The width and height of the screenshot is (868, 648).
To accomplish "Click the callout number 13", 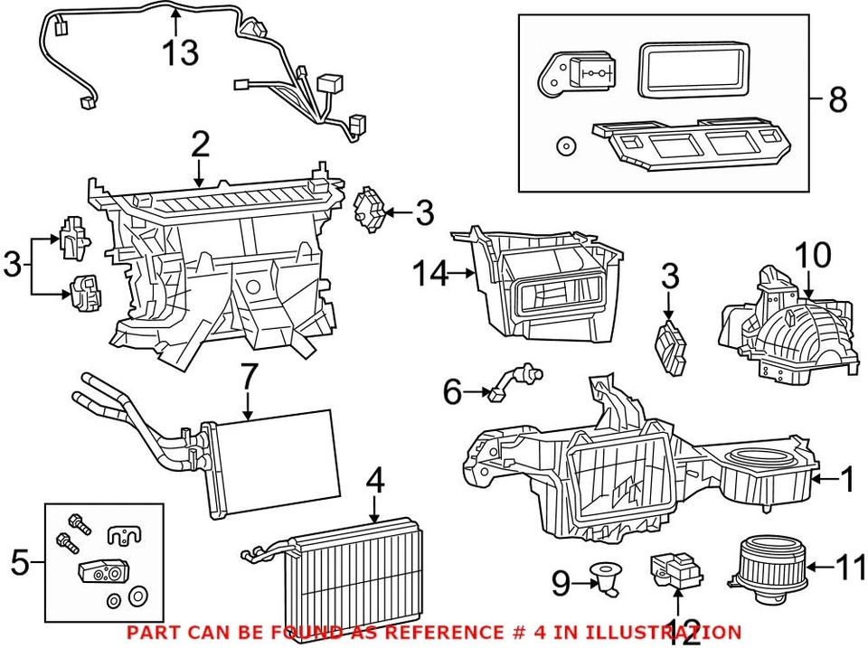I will coord(181,52).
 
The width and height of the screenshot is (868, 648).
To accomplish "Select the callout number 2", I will coord(200,145).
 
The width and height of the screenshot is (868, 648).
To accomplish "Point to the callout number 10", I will coord(815,255).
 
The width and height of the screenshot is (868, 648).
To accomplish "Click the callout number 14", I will coord(431,272).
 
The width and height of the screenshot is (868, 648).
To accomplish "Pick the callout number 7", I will coord(250,380).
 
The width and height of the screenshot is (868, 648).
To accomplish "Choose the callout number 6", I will coord(452,392).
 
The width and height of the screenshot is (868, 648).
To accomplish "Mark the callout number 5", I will coord(20,564).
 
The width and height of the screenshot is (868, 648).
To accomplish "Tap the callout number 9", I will coord(561,586).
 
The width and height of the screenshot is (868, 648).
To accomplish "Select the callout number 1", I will coord(846,480).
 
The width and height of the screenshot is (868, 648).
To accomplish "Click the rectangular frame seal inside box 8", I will coord(693,70).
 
